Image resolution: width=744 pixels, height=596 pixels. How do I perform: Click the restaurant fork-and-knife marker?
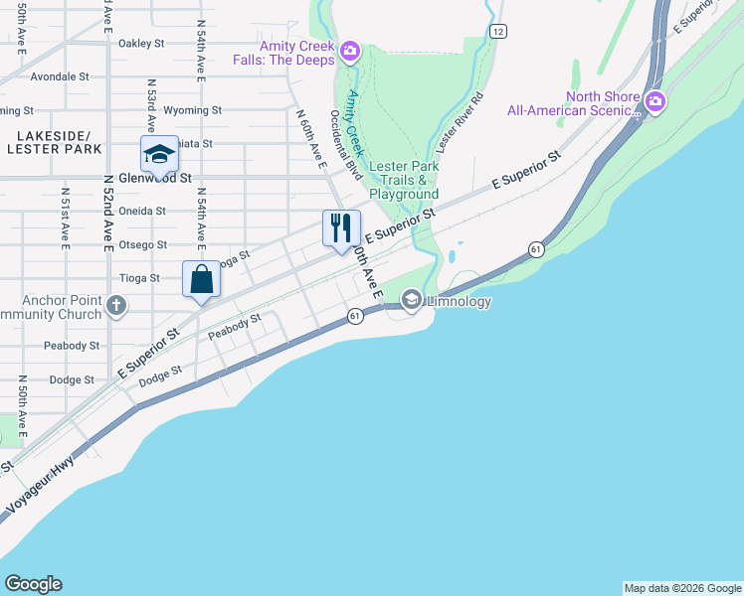(x=341, y=228)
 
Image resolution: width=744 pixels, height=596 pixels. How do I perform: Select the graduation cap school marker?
(x=159, y=154)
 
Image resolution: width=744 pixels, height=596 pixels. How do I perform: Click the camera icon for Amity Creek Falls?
(x=349, y=51)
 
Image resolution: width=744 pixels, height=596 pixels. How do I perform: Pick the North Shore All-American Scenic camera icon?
(x=654, y=101)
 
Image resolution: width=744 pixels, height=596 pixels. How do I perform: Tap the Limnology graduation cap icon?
(x=411, y=299)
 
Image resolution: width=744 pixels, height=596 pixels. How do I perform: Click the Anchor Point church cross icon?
(x=116, y=305)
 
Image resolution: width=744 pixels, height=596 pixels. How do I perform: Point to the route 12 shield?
(x=497, y=32)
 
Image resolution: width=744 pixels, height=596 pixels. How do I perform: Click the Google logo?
(x=33, y=584)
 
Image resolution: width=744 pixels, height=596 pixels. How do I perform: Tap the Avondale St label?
(x=60, y=76)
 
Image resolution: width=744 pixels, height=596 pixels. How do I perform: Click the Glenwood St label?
(x=154, y=178)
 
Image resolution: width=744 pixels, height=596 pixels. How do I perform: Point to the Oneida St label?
(x=142, y=212)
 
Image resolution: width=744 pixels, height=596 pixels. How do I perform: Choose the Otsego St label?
(x=143, y=244)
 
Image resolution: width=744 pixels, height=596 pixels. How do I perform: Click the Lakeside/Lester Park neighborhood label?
(x=54, y=142)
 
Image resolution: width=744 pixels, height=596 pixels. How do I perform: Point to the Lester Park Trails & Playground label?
(x=403, y=181)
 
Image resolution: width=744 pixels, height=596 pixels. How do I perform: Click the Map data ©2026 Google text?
(x=682, y=588)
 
